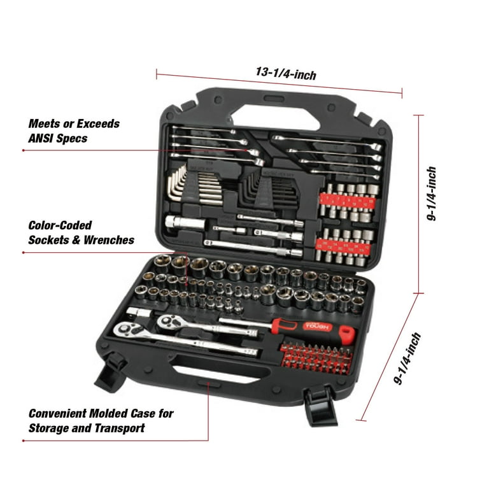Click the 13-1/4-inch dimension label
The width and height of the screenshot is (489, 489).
coord(286,74)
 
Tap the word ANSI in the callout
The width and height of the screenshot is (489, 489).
coord(40,138)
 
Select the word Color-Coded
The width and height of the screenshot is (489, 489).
coord(60,225)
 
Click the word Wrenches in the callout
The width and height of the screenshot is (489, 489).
coord(109,240)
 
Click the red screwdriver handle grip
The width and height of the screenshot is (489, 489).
coord(313,329)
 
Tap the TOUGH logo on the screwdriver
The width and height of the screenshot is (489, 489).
coord(316,327)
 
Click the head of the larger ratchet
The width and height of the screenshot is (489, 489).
coord(125,330)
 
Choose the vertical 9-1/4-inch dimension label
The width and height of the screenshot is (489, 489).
coord(432,193)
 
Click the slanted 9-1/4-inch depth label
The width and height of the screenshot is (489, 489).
coord(407,358)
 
